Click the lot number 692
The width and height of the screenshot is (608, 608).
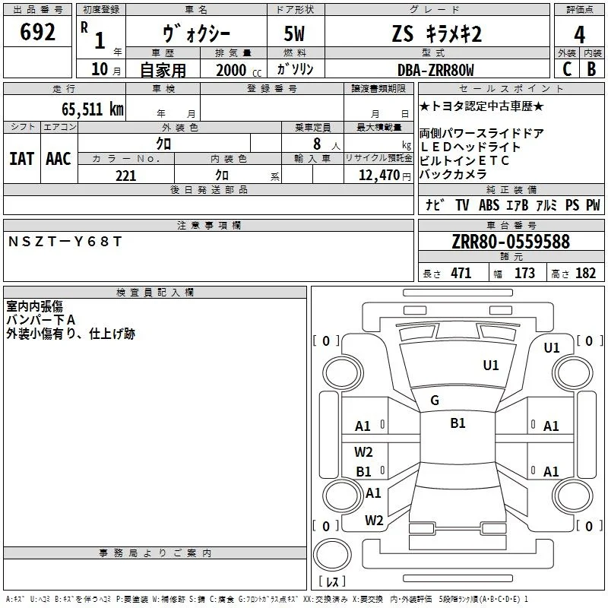(x=37, y=31)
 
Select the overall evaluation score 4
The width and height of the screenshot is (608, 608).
(x=579, y=35)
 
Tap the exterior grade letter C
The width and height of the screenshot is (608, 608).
(x=567, y=69)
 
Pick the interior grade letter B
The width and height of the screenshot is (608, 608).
(x=591, y=69)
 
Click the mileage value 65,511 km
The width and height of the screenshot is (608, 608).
(x=93, y=109)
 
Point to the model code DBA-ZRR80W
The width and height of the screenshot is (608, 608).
(x=435, y=70)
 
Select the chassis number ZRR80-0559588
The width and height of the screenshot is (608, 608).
(x=511, y=242)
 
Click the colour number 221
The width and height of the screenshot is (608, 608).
(x=125, y=176)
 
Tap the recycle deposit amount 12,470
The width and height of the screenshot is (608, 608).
(x=378, y=176)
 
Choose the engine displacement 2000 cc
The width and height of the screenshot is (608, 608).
(x=239, y=70)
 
